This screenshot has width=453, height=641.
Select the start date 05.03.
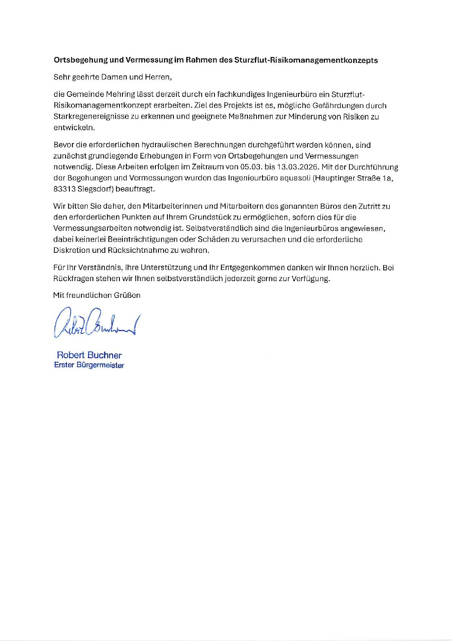pyautogui.click(x=240, y=167)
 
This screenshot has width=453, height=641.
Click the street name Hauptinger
pyautogui.click(x=333, y=178)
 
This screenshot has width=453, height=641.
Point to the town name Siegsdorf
pyautogui.click(x=95, y=189)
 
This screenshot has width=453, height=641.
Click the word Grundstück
pyautogui.click(x=210, y=217)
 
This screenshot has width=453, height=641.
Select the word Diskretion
pyautogui.click(x=72, y=250)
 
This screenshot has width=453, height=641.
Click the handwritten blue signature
pyautogui.click(x=97, y=322)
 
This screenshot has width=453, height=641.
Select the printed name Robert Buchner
pyautogui.click(x=89, y=355)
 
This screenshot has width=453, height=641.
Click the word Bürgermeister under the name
pyautogui.click(x=100, y=365)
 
